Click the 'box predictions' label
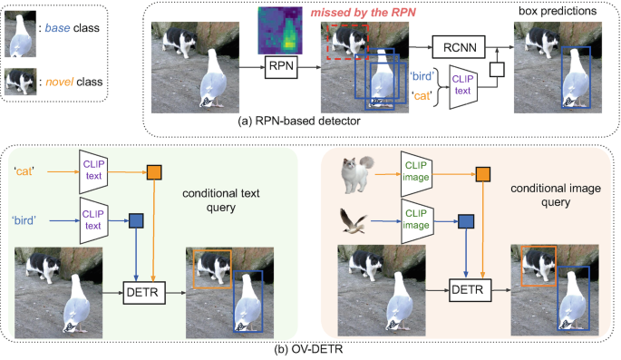tap(553, 11)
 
